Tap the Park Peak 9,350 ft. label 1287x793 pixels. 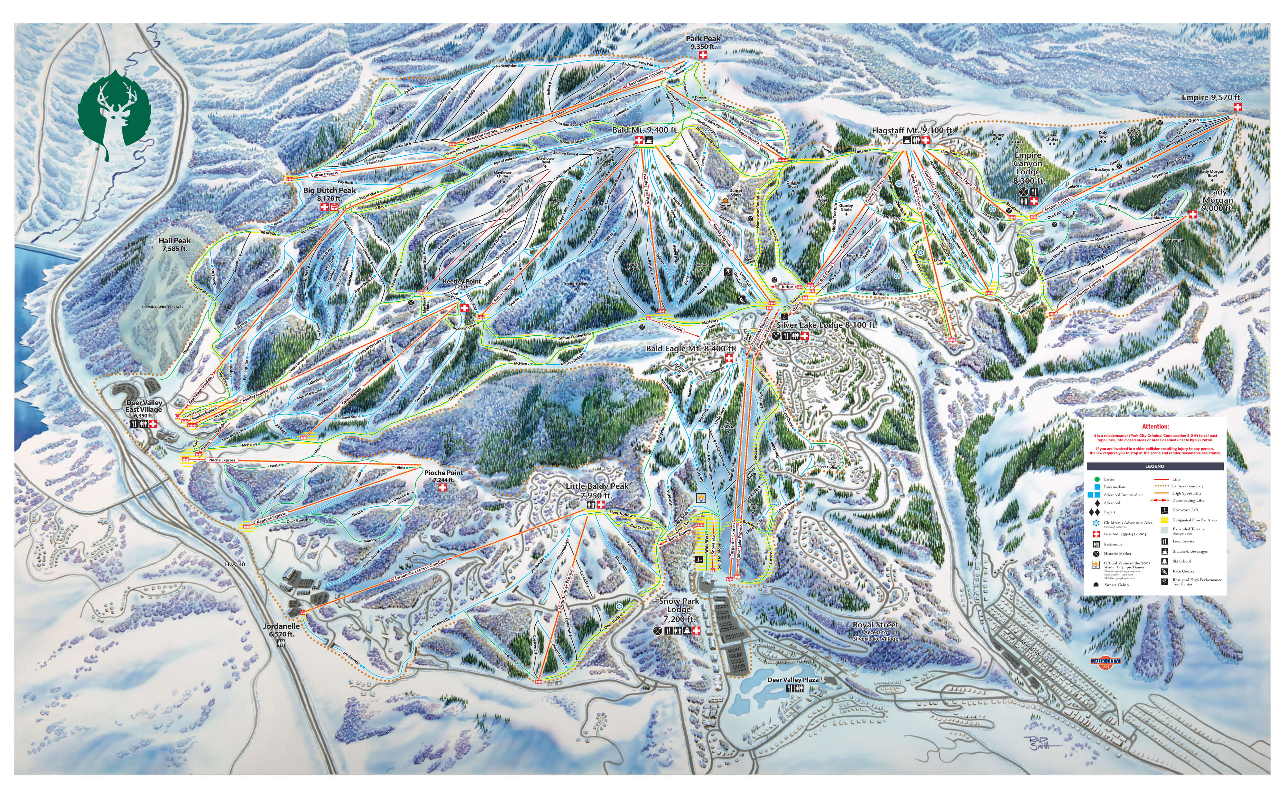(703, 42)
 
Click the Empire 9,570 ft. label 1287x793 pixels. (1211, 98)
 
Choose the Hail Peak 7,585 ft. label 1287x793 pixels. (175, 244)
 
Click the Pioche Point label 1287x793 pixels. (443, 476)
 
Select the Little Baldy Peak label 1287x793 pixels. (597, 490)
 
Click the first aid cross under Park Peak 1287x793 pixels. (703, 54)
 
